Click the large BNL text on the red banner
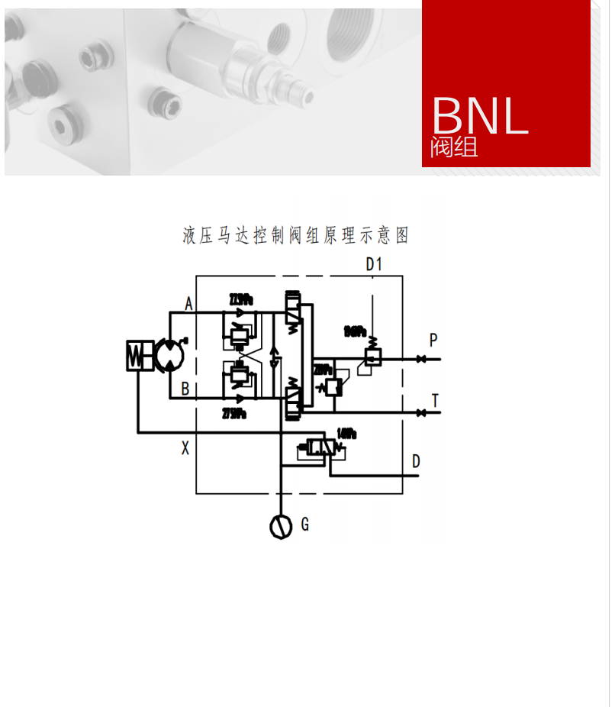pos(480,115)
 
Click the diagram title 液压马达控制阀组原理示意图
pos(296,235)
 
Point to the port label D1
pos(373,265)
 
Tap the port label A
pos(188,304)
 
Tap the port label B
pos(185,389)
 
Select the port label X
pos(185,449)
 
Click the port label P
pos(433,341)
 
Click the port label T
pos(435,400)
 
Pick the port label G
pos(304,524)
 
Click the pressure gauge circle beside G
pos(281,527)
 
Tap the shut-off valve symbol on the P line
pos(420,359)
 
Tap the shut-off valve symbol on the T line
pos(420,413)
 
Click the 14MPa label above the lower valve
pos(346,434)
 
